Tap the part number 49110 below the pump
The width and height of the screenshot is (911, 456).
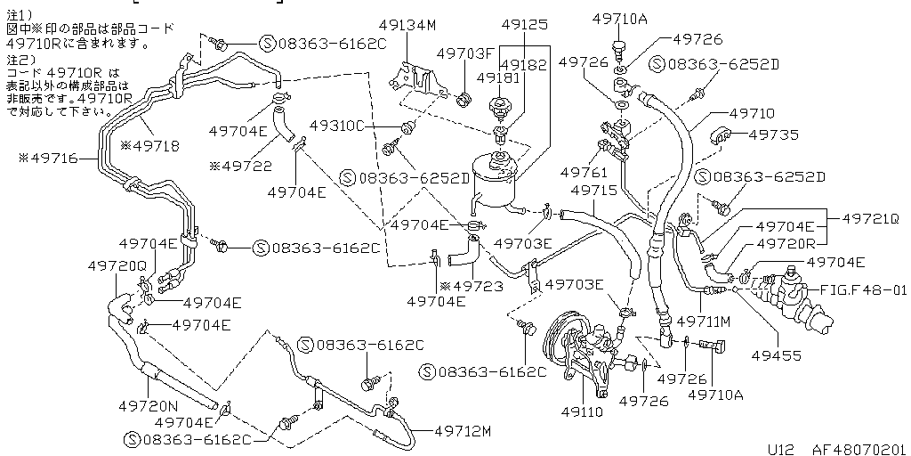582,412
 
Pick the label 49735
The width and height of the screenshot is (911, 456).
773,134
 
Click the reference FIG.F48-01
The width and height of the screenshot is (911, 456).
862,289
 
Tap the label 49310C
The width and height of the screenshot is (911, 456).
338,126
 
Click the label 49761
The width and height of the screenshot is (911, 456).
584,171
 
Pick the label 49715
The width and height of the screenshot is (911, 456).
593,191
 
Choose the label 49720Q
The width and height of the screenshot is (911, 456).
117,265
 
